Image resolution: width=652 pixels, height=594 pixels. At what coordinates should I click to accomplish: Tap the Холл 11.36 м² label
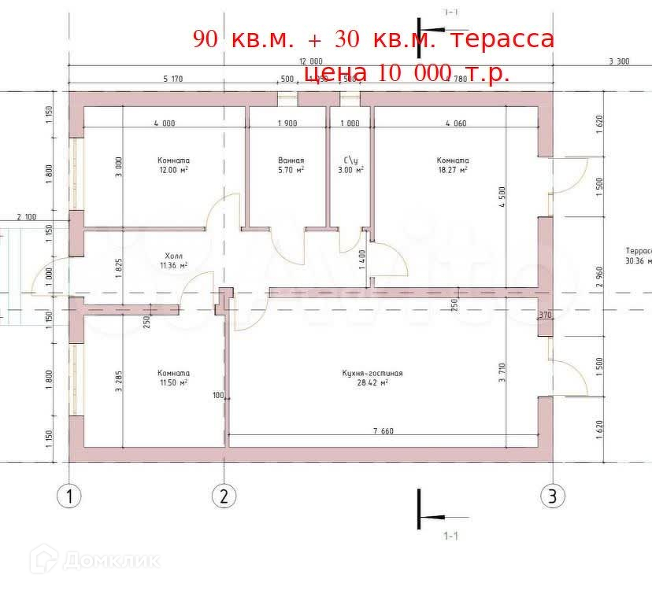[174, 260]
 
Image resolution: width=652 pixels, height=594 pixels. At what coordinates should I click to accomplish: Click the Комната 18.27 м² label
[453, 164]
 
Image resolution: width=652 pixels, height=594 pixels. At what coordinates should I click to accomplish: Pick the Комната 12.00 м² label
[172, 164]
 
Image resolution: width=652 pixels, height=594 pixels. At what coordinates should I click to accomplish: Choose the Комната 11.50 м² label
[172, 378]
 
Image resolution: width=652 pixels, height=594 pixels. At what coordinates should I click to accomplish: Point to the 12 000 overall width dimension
[310, 61]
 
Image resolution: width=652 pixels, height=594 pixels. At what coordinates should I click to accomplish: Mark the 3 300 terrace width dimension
[619, 61]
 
